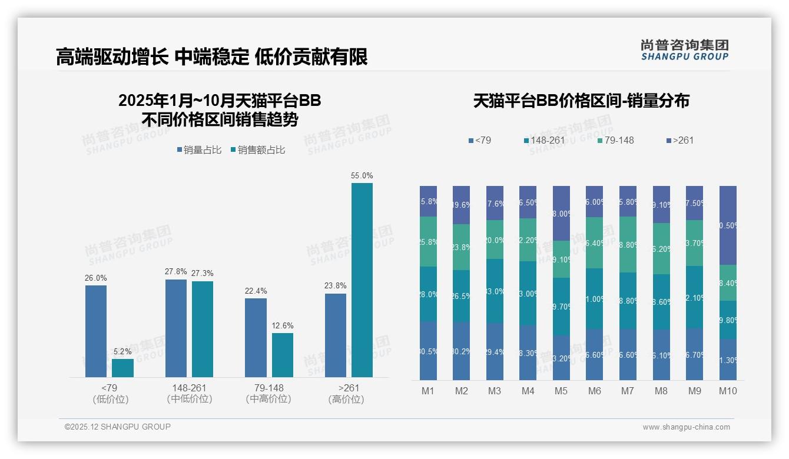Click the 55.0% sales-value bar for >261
coord(362,280)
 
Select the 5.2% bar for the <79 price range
coord(122,368)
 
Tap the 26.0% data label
coord(96,278)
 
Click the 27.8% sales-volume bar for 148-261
coord(175,328)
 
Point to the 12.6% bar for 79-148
coord(283,355)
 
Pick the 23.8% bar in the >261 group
coord(335,335)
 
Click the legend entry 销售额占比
coord(261,150)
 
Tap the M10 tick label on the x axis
coord(728,391)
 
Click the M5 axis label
coord(562,391)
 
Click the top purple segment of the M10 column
coord(728,225)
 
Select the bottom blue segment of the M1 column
coord(429,350)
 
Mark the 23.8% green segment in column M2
coord(462,247)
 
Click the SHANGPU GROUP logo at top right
coord(684,50)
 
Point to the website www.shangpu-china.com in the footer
coord(686,427)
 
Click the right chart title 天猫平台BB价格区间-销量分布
coord(581,101)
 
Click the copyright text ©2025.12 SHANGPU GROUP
coord(118,427)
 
